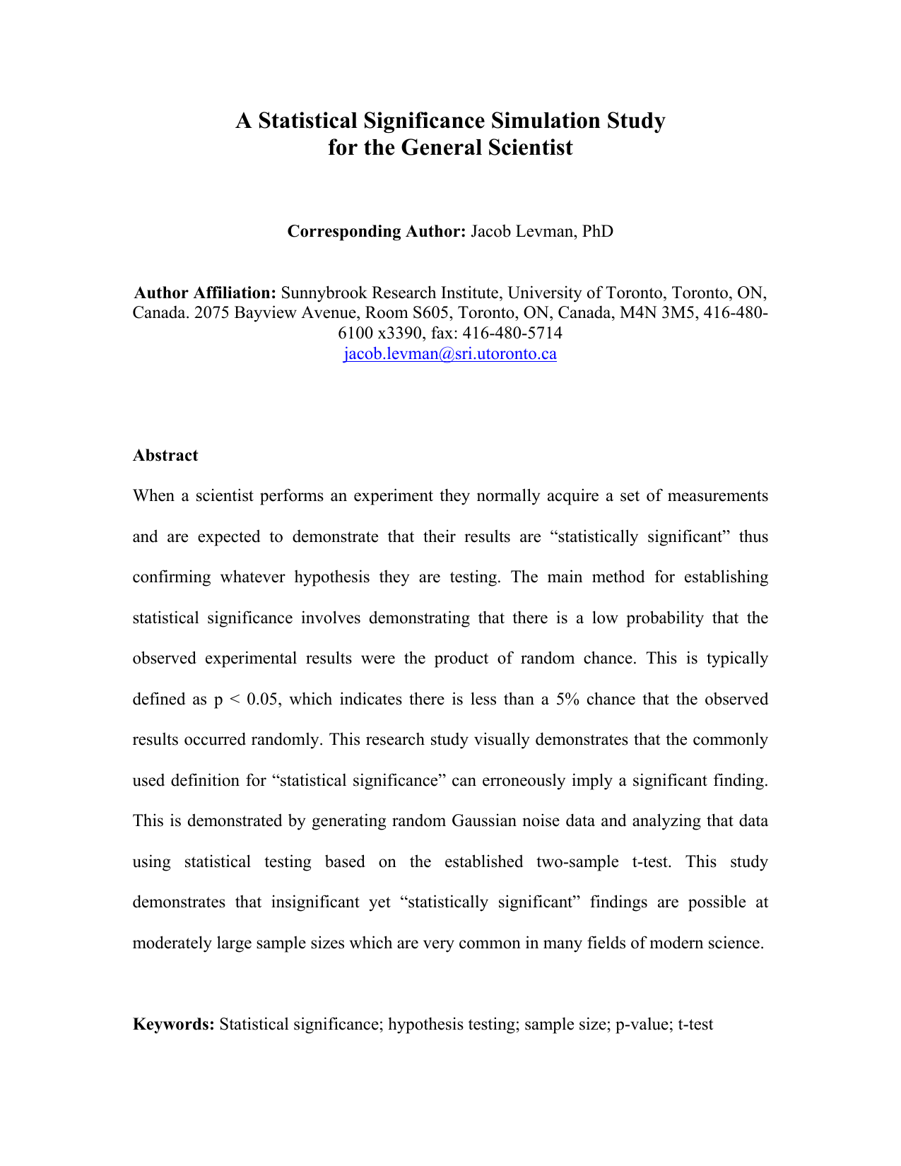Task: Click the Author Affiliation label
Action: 205,293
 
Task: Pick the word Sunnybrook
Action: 324,293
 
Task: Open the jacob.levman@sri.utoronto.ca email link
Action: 450,353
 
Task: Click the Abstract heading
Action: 165,455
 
